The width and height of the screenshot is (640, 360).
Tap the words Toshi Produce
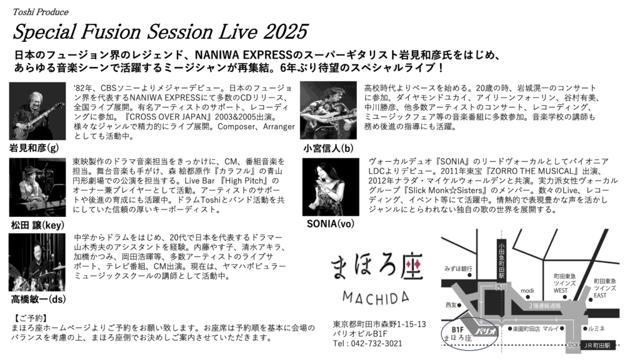pyautogui.click(x=41, y=12)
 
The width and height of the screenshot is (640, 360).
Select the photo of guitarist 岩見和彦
pyautogui.click(x=37, y=111)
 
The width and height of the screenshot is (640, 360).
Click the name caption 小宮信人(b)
pyautogui.click(x=328, y=148)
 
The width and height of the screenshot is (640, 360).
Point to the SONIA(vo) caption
pyautogui.click(x=331, y=224)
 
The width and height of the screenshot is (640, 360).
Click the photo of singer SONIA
pyautogui.click(x=331, y=187)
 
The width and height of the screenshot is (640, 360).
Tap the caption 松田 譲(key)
pyautogui.click(x=37, y=225)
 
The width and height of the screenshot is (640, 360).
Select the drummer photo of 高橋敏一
pyautogui.click(x=37, y=262)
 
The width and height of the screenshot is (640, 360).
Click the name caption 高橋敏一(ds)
pyautogui.click(x=38, y=299)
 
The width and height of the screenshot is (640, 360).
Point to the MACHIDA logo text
pyautogui.click(x=376, y=297)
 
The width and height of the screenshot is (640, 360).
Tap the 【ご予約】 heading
pyautogui.click(x=30, y=318)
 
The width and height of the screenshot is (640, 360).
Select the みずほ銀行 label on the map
pyautogui.click(x=458, y=269)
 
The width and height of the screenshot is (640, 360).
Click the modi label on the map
pyautogui.click(x=527, y=291)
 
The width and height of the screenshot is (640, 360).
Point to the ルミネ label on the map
pyautogui.click(x=596, y=329)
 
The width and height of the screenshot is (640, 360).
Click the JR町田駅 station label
pyautogui.click(x=597, y=345)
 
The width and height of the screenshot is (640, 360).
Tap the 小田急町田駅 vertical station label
pyautogui.click(x=501, y=261)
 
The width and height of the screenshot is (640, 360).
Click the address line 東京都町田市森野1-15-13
pyautogui.click(x=379, y=324)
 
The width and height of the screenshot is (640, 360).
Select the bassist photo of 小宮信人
pyautogui.click(x=328, y=111)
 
